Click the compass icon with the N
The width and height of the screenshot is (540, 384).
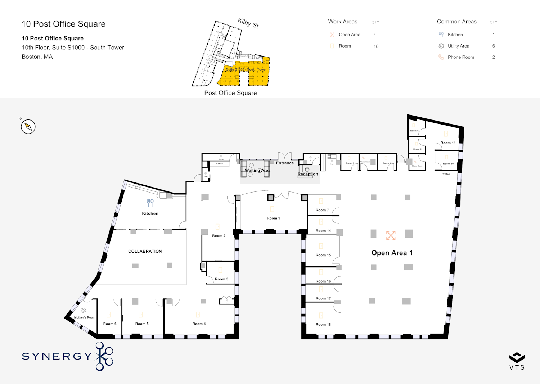28,127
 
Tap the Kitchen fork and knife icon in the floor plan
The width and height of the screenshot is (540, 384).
150,203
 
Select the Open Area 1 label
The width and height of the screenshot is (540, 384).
392,253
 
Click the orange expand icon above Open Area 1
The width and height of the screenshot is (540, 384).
391,235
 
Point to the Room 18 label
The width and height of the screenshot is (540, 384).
323,324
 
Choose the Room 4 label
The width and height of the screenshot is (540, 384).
199,324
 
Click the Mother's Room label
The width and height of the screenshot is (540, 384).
85,317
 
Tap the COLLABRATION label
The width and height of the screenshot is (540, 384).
145,251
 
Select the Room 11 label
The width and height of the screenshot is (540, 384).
448,143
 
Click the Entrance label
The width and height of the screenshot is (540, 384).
285,163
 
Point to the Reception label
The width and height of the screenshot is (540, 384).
308,174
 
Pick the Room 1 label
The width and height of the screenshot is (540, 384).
273,218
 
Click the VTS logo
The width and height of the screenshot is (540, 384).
517,361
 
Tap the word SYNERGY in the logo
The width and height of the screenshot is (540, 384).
57,356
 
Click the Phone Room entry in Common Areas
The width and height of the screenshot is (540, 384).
461,57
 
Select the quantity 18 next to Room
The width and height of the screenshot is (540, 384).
376,46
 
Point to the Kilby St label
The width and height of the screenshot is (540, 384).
248,23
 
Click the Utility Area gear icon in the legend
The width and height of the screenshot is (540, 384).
441,46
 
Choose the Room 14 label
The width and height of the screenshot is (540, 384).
323,231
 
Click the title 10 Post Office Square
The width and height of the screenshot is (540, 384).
64,24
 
